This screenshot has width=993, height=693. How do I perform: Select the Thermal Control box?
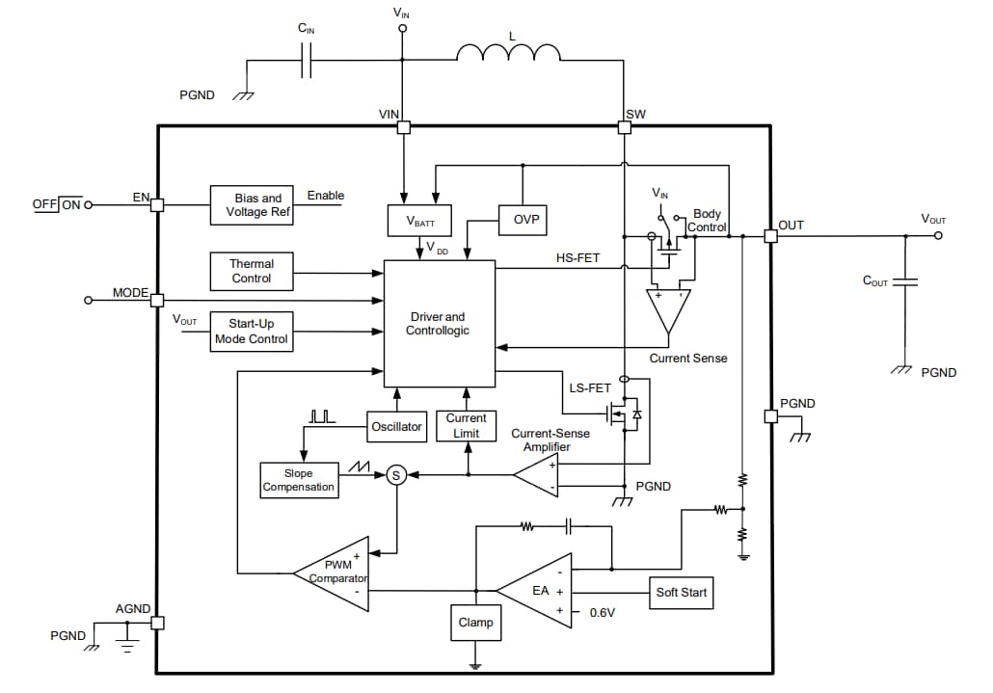(251, 271)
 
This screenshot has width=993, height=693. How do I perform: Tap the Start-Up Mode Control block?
(251, 332)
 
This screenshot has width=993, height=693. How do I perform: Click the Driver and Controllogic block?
(438, 323)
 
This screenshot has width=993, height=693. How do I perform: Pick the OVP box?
(522, 220)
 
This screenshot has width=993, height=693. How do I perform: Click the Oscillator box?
(396, 426)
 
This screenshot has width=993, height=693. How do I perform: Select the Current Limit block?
(466, 426)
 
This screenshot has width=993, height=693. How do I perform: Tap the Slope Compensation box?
(298, 480)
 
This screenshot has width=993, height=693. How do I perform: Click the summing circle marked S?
(394, 474)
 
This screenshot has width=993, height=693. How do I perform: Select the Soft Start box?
(681, 592)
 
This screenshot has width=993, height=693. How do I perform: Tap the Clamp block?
(475, 623)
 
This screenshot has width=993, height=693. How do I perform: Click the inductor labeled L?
(507, 54)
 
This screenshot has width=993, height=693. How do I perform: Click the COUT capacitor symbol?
(905, 281)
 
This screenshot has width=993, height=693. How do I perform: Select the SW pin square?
(624, 126)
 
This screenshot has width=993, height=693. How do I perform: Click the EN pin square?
(157, 204)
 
